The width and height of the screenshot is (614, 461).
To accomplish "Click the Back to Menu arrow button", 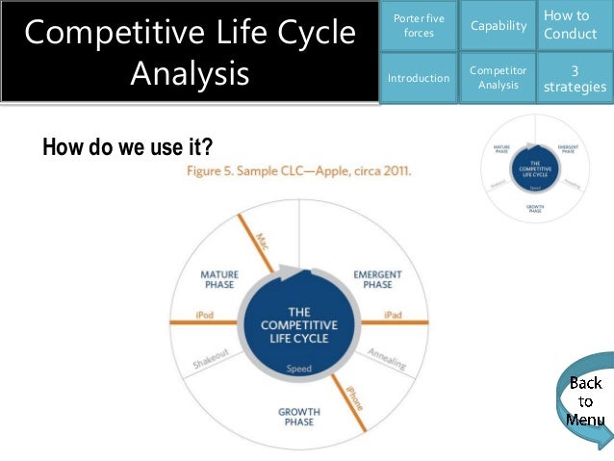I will [584, 401].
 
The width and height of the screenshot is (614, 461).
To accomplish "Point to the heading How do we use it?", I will [127, 147].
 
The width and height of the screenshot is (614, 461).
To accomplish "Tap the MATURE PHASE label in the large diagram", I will [219, 280].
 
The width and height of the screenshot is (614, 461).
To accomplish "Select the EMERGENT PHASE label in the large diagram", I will [377, 280].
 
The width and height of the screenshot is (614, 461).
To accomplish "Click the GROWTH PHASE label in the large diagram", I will [298, 417].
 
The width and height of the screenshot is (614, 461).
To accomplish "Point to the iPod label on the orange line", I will [204, 316].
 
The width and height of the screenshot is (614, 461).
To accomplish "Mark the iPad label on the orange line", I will [393, 316].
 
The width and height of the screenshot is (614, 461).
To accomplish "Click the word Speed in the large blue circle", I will [298, 369].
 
